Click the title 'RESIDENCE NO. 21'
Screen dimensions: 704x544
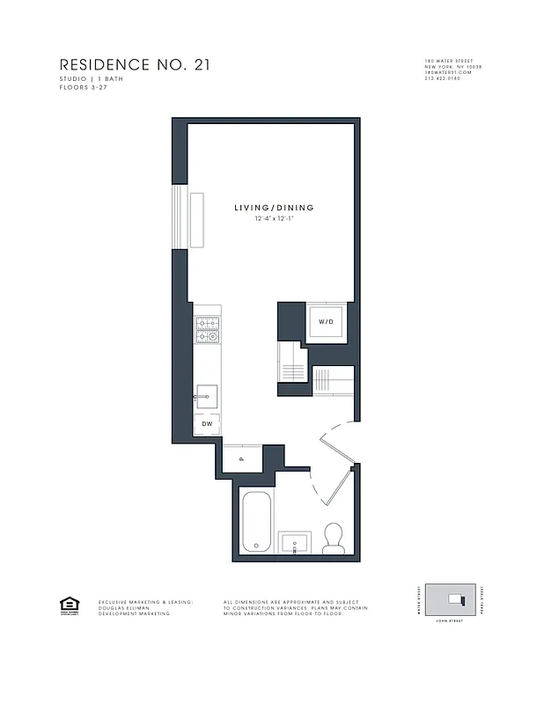tap(134, 65)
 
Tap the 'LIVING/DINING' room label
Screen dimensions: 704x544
tap(274, 208)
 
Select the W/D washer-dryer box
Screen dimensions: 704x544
tap(326, 322)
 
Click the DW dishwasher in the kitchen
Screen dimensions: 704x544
tap(207, 423)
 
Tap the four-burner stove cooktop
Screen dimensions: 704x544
tap(207, 330)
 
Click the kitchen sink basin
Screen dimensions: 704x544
tap(207, 397)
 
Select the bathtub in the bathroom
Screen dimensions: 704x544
tap(257, 522)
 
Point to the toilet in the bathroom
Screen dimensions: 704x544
tap(333, 539)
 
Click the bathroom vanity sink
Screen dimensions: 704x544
tap(294, 543)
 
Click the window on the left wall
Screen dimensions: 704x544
tap(180, 216)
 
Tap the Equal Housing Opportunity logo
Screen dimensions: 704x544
tap(68, 605)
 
